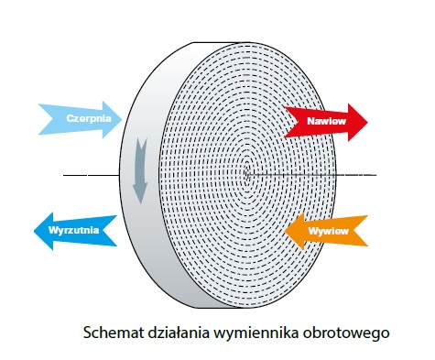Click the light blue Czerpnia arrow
[77, 119]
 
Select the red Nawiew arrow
[325, 120]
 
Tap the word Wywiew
[324, 230]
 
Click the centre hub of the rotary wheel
[249, 172]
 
